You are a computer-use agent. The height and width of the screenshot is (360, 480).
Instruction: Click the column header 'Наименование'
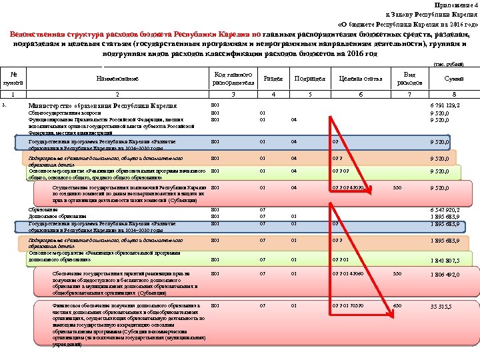point(118,79)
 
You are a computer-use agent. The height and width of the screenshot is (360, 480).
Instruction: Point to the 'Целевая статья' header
point(360,79)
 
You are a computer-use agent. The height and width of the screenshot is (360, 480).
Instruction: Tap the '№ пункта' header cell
point(13,79)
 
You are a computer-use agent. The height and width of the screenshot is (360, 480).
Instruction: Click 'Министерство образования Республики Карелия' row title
point(102,106)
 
